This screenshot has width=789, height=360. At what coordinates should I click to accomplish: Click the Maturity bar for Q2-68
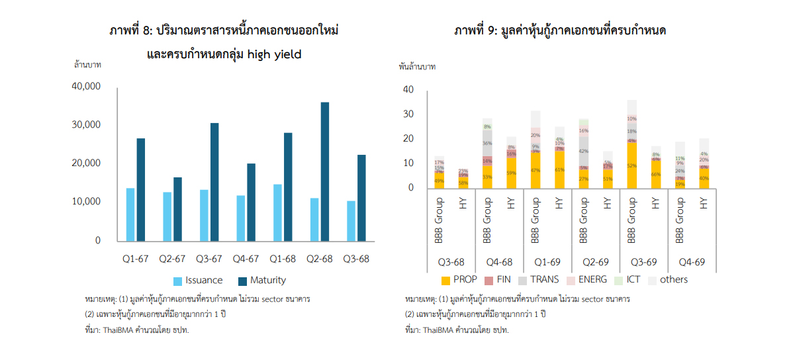(x=325, y=171)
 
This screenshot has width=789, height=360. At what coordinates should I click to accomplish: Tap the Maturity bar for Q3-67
(x=214, y=182)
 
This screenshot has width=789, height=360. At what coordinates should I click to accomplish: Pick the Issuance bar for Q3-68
(x=351, y=221)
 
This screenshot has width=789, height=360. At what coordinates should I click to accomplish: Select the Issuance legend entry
(x=198, y=280)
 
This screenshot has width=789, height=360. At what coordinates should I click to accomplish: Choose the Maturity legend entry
(x=261, y=280)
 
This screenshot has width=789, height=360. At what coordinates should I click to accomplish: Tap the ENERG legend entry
(x=586, y=280)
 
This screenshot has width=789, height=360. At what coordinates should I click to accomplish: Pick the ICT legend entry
(x=630, y=280)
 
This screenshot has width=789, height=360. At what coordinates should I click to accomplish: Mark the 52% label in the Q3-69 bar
(x=632, y=166)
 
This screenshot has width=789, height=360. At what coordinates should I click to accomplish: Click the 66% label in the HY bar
(x=655, y=174)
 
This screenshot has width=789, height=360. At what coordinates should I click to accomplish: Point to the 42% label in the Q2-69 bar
(x=584, y=152)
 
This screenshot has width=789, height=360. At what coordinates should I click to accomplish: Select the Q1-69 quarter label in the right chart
(x=547, y=262)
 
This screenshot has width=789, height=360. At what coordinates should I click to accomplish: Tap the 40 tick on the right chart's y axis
(x=408, y=89)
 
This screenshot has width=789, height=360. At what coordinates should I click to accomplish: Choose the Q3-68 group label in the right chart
(x=451, y=262)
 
